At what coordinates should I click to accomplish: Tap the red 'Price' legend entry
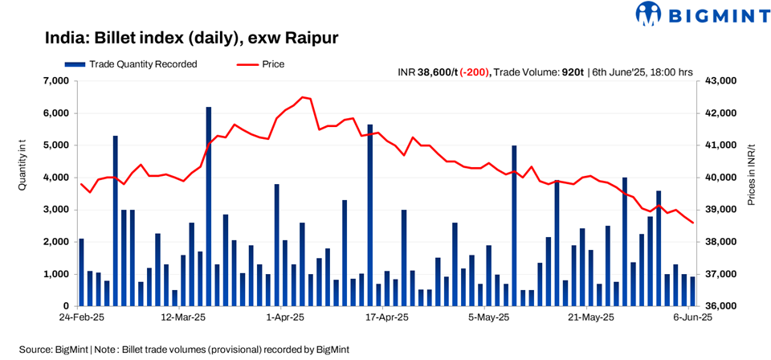tap(260, 64)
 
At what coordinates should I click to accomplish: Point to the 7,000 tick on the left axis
tap(56, 81)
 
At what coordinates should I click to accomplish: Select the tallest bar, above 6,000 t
tap(209, 206)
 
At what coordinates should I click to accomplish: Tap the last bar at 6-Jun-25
tap(692, 292)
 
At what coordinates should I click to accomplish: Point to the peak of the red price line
tap(302, 97)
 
